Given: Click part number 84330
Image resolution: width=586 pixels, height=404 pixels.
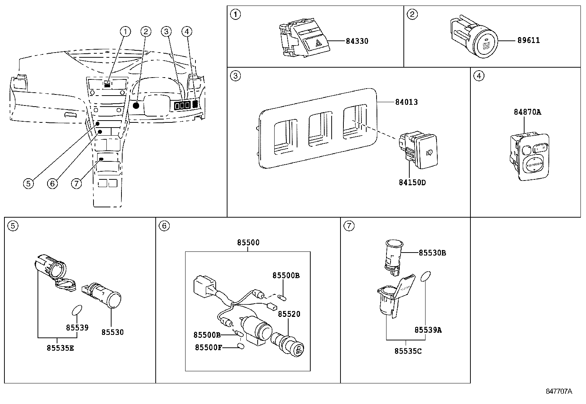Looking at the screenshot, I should click(x=357, y=41).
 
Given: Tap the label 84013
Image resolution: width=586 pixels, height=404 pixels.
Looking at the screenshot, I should click(x=406, y=102).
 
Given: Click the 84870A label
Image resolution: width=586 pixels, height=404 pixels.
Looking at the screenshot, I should click(x=527, y=112).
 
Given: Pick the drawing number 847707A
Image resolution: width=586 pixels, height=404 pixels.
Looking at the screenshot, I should click(x=559, y=392).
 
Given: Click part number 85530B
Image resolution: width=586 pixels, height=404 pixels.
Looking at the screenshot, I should click(x=432, y=253).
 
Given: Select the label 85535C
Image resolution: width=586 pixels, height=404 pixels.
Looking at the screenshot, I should click(x=408, y=351).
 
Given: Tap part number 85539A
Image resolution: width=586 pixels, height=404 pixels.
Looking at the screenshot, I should click(x=428, y=330).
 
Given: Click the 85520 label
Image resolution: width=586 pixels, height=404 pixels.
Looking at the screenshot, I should click(x=289, y=314).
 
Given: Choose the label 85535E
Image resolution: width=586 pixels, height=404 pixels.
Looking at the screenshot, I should click(x=60, y=348).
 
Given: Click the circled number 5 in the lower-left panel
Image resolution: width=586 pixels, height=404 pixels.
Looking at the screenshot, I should click(x=13, y=226).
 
